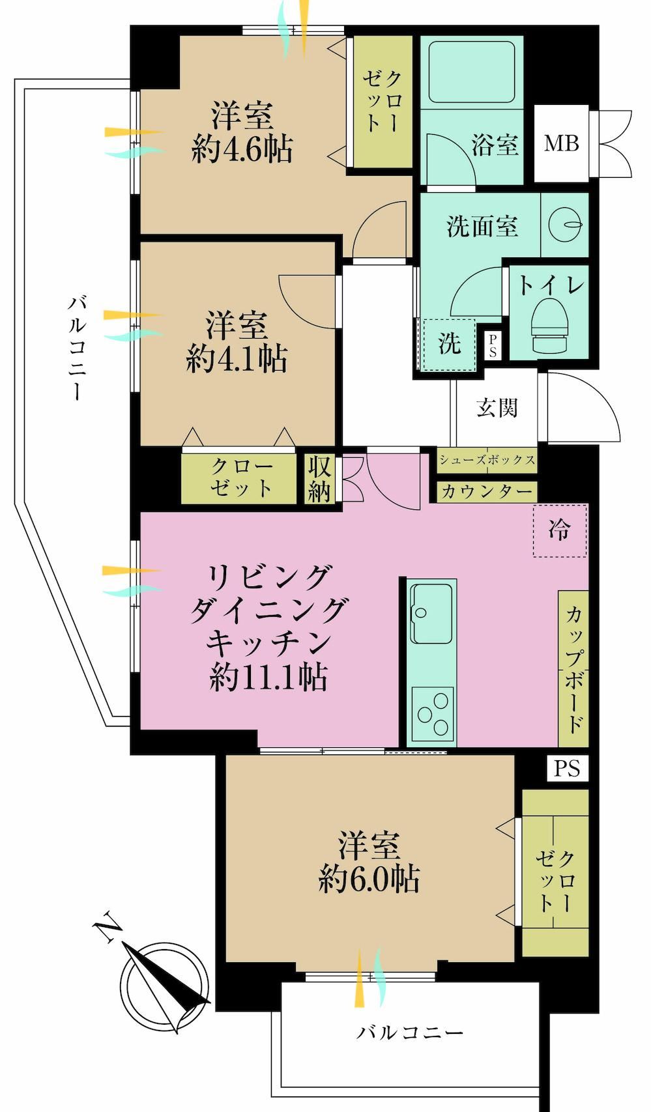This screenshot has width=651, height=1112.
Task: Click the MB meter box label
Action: coord(561,143)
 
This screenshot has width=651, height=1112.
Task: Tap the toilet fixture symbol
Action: coord(550,326)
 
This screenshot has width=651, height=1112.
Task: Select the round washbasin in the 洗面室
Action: coord(566,225)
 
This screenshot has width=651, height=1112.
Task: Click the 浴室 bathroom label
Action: coord(495,145)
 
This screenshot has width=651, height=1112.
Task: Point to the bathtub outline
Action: coord(471,72)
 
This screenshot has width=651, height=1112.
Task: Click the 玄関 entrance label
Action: coord(497,408)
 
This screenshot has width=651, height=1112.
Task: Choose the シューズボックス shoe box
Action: coord(487,459)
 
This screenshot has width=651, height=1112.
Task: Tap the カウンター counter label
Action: coord(486,491)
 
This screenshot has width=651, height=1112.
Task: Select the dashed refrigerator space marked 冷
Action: coord(560,531)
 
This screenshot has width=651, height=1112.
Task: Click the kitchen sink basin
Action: coord(431,612)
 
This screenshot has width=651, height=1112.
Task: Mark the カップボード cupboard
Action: coord(573,668)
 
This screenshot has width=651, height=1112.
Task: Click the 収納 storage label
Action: coord(319,479)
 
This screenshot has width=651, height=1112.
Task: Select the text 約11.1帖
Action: coord(268,677)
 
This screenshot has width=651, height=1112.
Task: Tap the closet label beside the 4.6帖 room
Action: coord(382,101)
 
